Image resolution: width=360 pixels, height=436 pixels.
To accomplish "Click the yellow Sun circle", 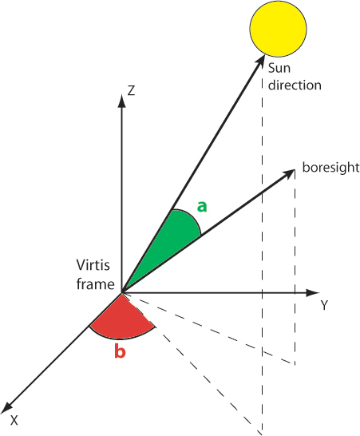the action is (278, 29).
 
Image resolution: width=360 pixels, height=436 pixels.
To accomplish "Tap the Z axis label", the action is (131, 90).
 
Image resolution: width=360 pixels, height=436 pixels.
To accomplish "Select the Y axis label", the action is (324, 305).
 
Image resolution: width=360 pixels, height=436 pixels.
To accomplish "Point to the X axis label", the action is (14, 420).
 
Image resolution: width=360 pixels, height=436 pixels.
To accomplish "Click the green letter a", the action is (202, 207).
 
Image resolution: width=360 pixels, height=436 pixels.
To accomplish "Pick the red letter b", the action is (120, 351).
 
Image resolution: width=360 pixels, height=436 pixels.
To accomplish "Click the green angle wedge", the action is (174, 239).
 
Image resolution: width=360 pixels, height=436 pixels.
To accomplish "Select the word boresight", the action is (330, 168).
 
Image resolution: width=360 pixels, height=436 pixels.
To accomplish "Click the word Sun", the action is (279, 68).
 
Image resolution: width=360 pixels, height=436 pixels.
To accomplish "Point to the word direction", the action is (295, 85).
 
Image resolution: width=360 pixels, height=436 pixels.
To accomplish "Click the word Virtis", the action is (93, 265).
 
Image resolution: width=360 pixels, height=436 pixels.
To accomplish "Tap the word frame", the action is (95, 284).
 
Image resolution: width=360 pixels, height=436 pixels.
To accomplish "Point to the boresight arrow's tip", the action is (295, 169).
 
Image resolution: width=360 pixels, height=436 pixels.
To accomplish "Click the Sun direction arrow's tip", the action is (264, 55).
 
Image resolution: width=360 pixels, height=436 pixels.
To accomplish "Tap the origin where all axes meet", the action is (122, 293).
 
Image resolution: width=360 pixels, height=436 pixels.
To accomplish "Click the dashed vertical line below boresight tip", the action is (295, 267).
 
